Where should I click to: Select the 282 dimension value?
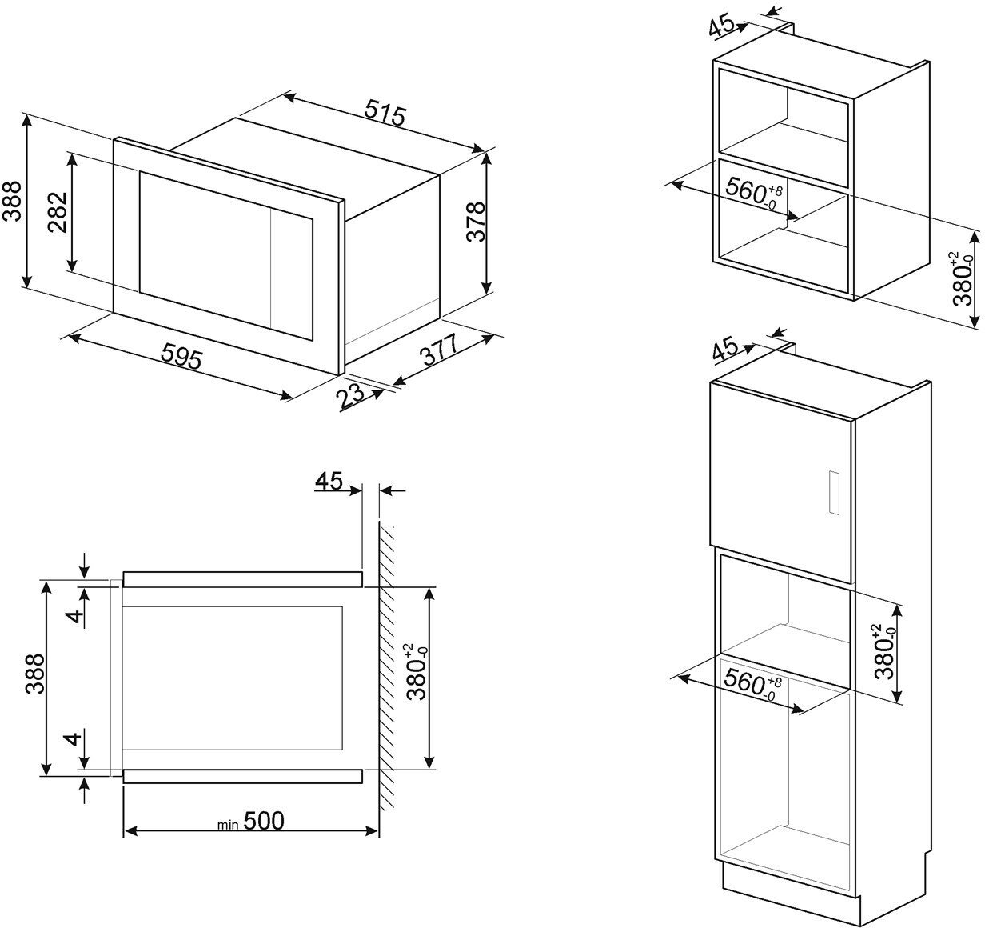[57, 212]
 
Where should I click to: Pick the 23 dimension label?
[351, 395]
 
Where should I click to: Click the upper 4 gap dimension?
[74, 615]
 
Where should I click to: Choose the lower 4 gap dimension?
[74, 738]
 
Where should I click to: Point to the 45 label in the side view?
[329, 481]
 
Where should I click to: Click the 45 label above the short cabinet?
[722, 26]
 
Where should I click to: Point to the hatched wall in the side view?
[387, 664]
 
